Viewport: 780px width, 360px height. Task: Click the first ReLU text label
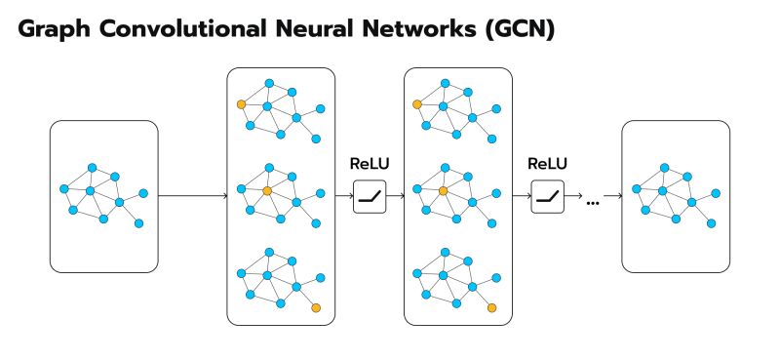(369, 164)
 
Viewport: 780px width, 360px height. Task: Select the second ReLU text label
(547, 164)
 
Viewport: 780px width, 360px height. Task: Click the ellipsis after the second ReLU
(592, 201)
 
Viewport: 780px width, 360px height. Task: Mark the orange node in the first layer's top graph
(241, 103)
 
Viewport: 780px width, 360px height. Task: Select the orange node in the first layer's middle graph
(267, 191)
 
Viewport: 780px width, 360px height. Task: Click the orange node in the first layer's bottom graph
(316, 308)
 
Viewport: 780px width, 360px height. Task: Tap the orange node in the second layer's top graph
(417, 103)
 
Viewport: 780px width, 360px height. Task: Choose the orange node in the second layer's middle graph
(444, 191)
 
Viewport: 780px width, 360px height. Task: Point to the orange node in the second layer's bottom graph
(492, 308)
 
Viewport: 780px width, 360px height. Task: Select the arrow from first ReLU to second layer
(395, 196)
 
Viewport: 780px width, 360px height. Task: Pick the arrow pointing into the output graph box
(613, 196)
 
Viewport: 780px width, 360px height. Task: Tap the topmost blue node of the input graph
(92, 166)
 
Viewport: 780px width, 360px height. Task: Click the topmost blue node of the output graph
(664, 166)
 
